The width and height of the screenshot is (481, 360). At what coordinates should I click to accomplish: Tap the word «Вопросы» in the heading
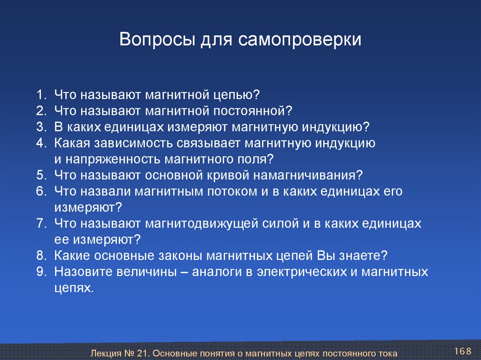[157, 39]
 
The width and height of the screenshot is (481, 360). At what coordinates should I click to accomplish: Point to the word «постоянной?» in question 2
[253, 111]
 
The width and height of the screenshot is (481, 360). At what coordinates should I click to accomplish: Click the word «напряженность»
[113, 160]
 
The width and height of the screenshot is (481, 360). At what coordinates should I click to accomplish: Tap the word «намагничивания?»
[308, 176]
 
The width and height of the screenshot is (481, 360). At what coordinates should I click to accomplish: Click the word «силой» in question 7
[280, 223]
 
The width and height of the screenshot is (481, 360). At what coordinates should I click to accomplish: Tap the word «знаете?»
[363, 256]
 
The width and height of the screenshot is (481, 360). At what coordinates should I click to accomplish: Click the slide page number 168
[463, 351]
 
